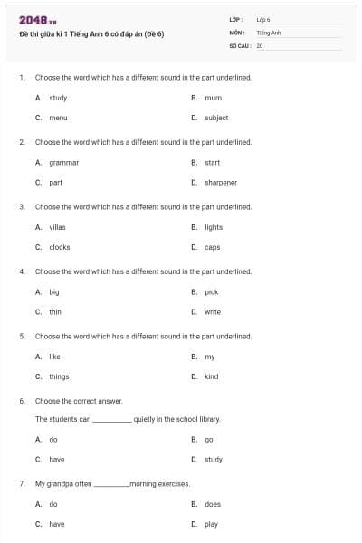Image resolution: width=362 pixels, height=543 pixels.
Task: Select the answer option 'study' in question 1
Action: coord(58,98)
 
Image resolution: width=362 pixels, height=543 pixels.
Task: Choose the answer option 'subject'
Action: coord(216,118)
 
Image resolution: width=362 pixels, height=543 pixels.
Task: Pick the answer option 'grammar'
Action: coord(63,163)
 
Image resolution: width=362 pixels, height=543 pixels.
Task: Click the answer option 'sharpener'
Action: coord(221,183)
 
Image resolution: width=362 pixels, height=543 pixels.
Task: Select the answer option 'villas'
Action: coord(58,227)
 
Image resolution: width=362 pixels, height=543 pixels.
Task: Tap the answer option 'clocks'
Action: coord(59,247)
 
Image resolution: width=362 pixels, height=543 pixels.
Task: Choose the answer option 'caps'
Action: coord(213,247)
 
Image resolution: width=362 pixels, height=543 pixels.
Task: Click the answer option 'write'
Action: coord(213,312)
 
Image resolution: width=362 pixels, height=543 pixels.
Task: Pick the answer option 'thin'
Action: coord(55,312)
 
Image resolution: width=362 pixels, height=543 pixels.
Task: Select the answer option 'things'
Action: coord(59,376)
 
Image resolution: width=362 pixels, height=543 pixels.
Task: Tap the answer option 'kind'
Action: coord(212,376)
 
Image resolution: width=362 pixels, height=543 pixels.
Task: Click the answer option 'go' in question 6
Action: coord(209,440)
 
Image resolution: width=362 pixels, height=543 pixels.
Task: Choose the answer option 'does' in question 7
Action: coord(213,504)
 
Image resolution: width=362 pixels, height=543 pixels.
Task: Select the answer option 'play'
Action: coord(212,524)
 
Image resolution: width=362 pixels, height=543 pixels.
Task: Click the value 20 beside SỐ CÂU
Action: coord(260,45)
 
